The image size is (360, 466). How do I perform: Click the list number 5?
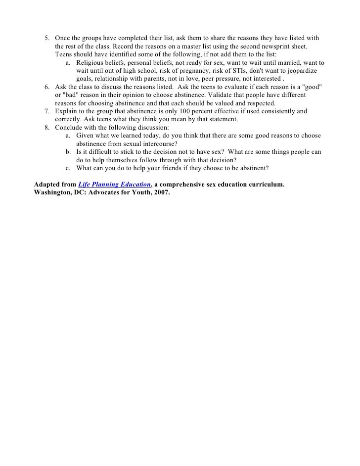point(46,38)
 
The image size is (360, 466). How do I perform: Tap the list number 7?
point(46,112)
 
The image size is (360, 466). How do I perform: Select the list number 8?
point(46,128)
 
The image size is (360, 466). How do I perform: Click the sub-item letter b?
point(67,152)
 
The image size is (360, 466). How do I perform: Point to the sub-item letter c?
point(67,168)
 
